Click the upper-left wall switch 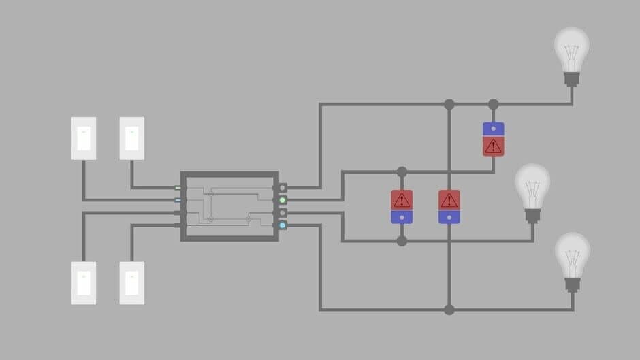click(84, 138)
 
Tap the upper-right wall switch click(131, 138)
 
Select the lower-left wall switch click(84, 282)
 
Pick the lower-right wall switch click(131, 282)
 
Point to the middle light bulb click(532, 191)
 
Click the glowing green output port click(283, 200)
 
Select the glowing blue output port click(283, 225)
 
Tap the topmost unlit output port click(283, 188)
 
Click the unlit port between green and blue click(283, 213)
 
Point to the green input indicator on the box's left click(178, 188)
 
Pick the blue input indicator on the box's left click(178, 200)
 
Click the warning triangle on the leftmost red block click(402, 200)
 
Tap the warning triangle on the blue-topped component click(494, 146)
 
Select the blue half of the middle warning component click(449, 217)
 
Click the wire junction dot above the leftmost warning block click(402, 171)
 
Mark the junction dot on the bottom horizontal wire click(449, 310)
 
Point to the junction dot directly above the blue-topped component click(494, 104)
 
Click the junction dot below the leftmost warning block click(402, 241)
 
